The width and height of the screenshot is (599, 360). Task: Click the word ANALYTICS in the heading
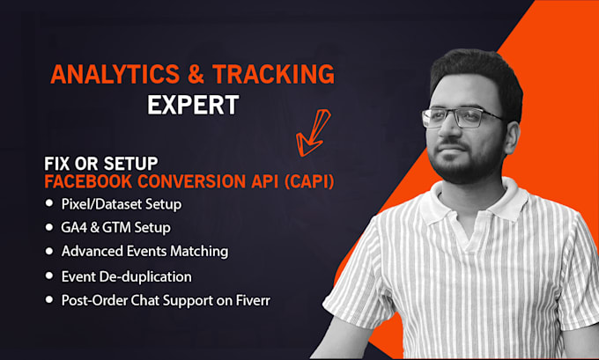115,74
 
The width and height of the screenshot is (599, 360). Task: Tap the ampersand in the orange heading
196,74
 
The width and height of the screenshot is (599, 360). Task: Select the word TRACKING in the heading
274,74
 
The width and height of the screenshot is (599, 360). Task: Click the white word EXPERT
193,105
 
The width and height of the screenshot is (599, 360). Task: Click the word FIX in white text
57,164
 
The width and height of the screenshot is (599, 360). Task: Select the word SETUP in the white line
130,164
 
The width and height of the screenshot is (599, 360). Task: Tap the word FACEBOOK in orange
88,181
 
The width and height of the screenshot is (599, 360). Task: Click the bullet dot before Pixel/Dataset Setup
49,203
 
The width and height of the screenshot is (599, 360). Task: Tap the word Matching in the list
199,252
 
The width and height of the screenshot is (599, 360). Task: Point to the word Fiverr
253,300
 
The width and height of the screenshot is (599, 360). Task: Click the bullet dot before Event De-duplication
49,276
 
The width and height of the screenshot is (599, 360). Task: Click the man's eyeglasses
462,118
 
